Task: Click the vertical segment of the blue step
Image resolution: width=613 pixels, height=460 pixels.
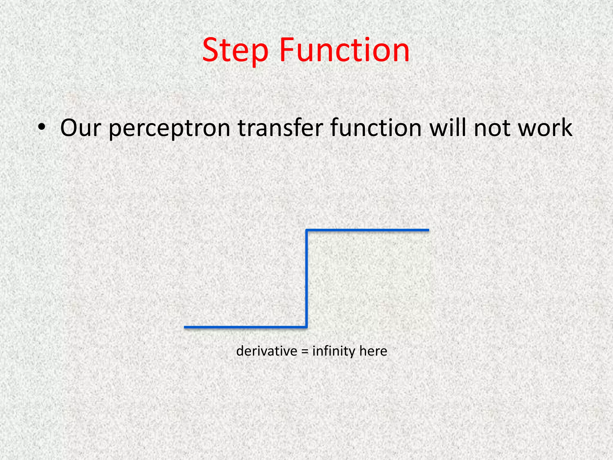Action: tap(306, 279)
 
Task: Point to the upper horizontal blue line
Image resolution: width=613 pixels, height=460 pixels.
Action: tap(368, 230)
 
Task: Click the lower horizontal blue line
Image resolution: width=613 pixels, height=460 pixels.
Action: tap(245, 327)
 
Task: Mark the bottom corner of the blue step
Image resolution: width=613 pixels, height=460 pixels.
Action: tap(306, 327)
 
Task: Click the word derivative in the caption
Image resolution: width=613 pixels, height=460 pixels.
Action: tap(267, 351)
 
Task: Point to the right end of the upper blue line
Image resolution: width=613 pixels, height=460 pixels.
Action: tap(428, 230)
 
